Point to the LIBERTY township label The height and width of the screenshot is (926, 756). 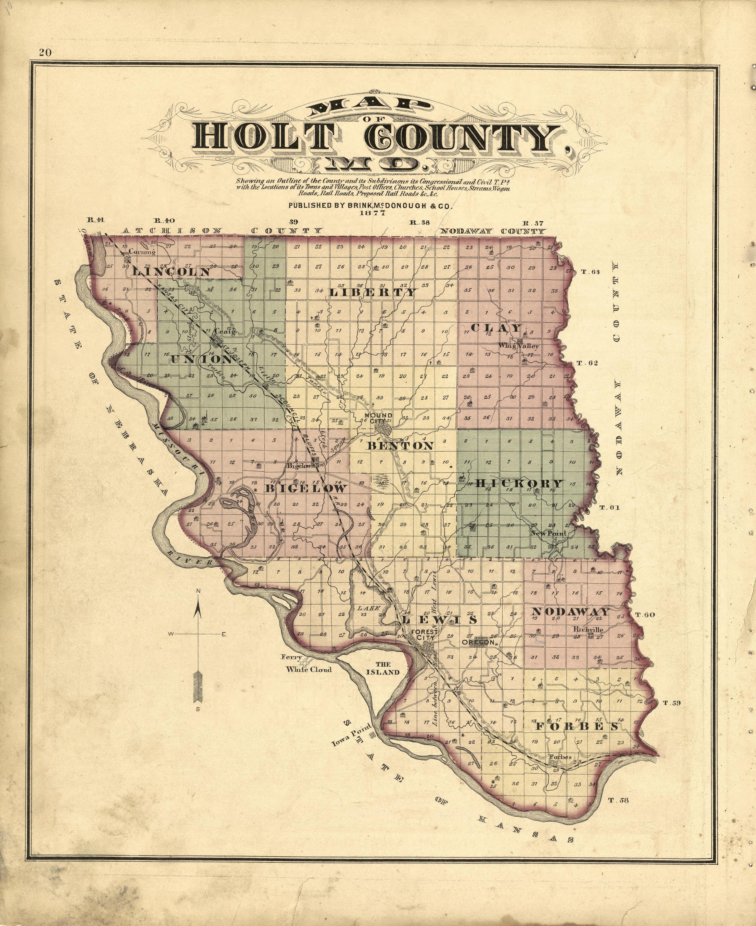373,292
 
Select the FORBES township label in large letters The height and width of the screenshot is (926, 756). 577,726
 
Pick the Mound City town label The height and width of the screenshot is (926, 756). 378,418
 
